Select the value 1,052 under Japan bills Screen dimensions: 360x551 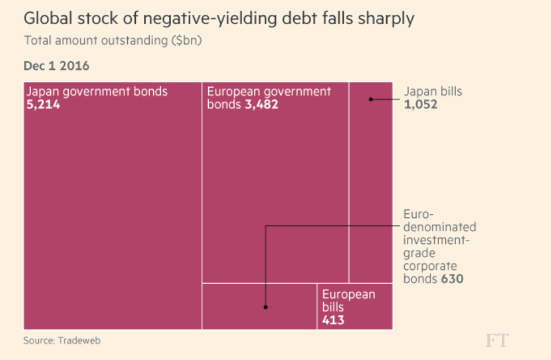coord(420,105)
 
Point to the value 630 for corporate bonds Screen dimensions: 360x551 coord(452,279)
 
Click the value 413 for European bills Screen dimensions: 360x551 coord(333,320)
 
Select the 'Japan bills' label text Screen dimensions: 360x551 coord(432,91)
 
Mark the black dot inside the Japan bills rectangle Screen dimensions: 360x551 coord(371,99)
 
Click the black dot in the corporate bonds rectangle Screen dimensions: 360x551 coord(265,307)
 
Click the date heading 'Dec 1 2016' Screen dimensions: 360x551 coord(56,66)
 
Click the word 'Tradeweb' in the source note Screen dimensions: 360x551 coord(79,340)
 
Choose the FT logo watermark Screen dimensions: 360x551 coord(497,340)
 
